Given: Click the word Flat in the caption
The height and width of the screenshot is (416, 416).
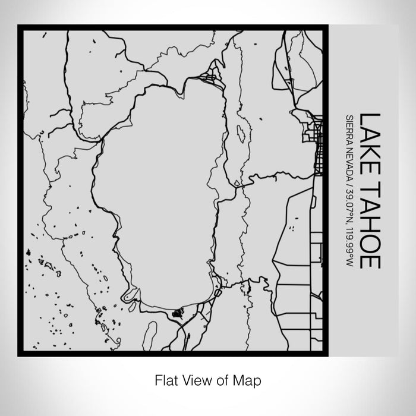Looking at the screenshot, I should [x=165, y=379].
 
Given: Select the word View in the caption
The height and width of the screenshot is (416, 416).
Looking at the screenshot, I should [x=196, y=379].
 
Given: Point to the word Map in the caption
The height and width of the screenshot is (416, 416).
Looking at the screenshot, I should [x=248, y=379].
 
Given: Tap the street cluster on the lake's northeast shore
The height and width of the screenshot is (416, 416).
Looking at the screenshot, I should [x=210, y=78].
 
